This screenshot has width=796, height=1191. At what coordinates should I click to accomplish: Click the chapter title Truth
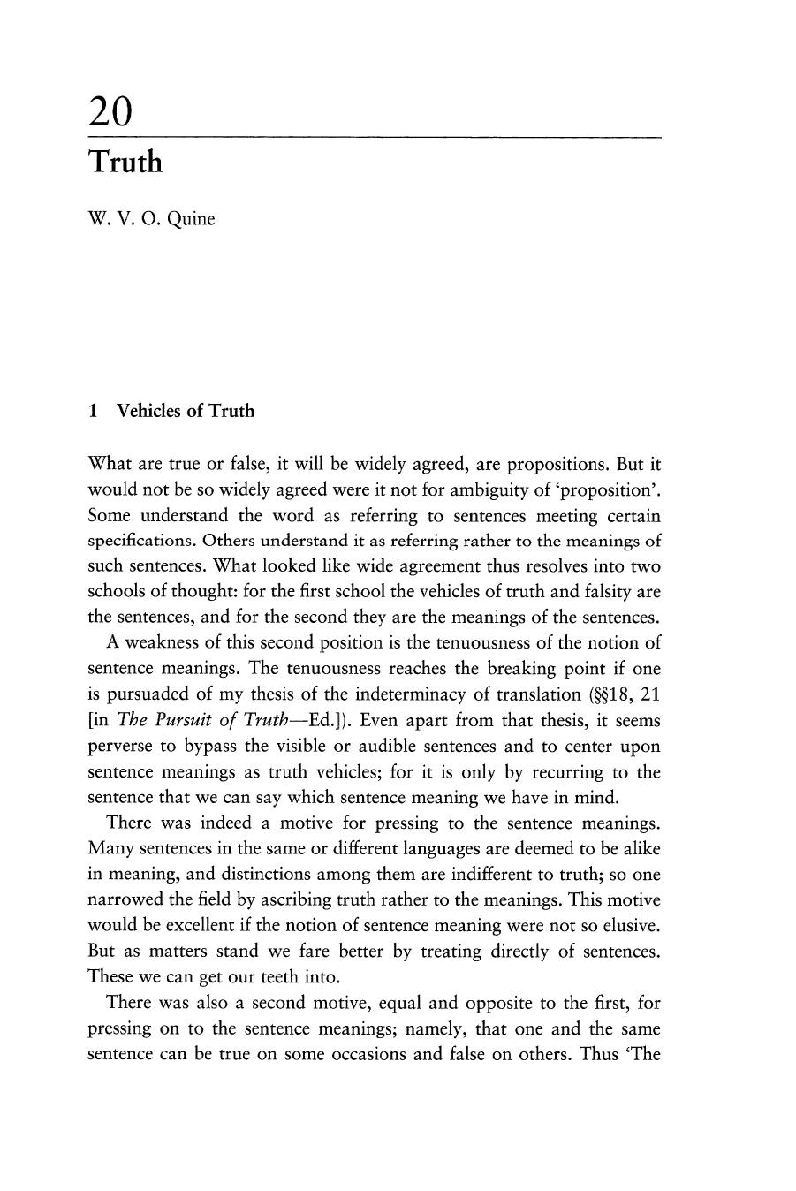tap(125, 163)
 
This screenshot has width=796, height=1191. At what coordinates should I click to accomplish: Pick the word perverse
tap(119, 746)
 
